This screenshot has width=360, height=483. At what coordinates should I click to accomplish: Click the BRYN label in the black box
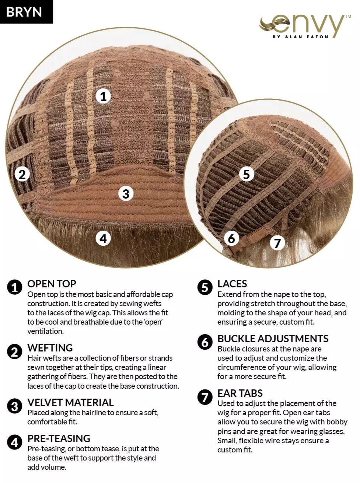24,12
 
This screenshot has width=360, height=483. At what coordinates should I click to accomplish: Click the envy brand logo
305,27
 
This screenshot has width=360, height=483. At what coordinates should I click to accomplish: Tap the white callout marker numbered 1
104,96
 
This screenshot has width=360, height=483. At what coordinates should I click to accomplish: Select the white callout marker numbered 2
22,174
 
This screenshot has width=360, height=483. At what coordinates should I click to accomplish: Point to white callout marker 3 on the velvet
126,194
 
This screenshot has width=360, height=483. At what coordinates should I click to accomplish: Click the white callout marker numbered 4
104,238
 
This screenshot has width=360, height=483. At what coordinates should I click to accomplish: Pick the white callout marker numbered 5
247,174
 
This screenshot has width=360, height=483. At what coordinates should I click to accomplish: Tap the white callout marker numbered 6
231,238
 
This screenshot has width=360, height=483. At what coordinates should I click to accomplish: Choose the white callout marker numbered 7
277,243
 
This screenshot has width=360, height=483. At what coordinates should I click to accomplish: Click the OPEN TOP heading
52,284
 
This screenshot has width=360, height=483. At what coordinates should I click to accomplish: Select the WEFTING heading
50,348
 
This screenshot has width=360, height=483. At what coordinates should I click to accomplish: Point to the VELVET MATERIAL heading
70,402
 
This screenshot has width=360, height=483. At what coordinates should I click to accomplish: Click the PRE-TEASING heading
59,438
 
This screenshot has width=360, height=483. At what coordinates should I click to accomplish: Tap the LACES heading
232,284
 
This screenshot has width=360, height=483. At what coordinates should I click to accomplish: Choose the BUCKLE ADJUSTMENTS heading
273,339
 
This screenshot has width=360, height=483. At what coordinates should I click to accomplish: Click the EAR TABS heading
240,393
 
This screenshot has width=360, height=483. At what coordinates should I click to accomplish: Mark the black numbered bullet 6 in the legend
205,342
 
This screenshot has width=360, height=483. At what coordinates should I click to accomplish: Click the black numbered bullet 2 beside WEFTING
14,351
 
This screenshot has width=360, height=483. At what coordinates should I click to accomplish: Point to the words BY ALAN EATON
301,37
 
